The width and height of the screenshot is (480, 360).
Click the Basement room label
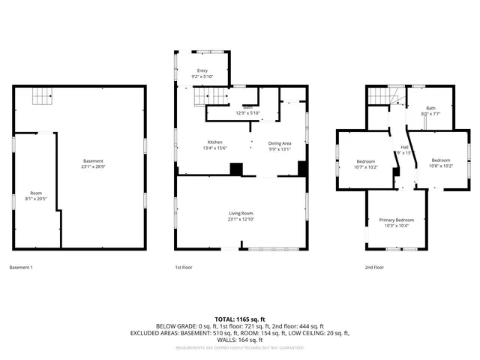(x=93, y=161)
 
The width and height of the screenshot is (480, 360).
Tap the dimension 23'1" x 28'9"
(x=93, y=167)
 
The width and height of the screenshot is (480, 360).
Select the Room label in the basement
(x=36, y=193)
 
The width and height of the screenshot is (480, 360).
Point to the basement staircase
(x=42, y=97)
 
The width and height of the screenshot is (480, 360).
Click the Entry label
(x=202, y=70)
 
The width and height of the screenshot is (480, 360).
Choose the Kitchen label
(x=215, y=142)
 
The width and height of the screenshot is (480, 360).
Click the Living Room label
(x=241, y=214)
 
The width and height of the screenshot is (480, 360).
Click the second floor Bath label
(x=430, y=108)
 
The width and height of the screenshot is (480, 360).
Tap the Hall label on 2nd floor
(x=404, y=147)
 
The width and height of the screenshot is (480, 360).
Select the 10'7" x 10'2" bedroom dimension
(x=367, y=167)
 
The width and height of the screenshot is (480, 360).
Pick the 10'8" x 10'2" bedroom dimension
(x=440, y=166)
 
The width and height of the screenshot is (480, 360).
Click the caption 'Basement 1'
(x=21, y=268)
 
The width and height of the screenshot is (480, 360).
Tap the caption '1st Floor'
(x=184, y=268)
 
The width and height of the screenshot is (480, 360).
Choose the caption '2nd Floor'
(x=374, y=268)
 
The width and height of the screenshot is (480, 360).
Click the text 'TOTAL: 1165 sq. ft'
(x=240, y=319)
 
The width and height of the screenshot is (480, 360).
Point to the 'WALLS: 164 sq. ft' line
(x=240, y=340)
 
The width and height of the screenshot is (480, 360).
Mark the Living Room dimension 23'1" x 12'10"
(x=241, y=220)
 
